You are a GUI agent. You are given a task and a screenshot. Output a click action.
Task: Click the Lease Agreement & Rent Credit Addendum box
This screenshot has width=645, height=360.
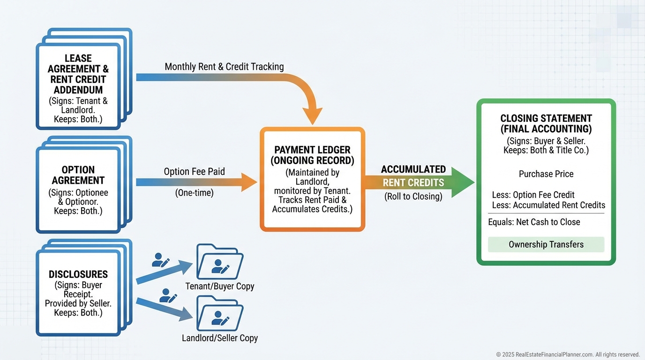(x=78, y=84)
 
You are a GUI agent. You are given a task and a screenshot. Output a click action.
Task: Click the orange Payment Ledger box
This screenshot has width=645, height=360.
(x=312, y=179)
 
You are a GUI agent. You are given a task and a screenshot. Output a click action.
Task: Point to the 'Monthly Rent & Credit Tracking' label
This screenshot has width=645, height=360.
(x=224, y=67)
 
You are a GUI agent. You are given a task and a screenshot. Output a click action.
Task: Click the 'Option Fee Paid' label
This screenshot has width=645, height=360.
(x=194, y=172)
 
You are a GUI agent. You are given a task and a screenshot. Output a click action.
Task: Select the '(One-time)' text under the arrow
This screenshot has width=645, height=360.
(x=194, y=193)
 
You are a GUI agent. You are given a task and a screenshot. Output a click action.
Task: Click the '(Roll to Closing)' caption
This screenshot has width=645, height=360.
(x=413, y=196)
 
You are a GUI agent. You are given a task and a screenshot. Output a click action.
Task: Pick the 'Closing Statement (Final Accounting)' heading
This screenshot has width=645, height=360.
(x=546, y=123)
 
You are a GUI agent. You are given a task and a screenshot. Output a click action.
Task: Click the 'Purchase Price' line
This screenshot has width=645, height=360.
(x=546, y=174)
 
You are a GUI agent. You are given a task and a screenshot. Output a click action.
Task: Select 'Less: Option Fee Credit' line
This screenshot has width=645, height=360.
(x=533, y=195)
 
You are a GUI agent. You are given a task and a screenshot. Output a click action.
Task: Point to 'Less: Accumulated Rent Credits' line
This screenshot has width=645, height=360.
(x=548, y=205)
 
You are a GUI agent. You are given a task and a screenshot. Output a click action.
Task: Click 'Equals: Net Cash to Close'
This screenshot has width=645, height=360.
(x=534, y=222)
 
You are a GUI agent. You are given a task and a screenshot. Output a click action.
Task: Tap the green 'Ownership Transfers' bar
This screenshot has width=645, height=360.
(x=546, y=244)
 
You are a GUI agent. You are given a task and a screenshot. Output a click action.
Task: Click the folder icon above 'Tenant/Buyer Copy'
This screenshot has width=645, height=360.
(x=219, y=262)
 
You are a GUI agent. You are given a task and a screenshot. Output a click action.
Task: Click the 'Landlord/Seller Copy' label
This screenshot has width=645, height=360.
(x=219, y=337)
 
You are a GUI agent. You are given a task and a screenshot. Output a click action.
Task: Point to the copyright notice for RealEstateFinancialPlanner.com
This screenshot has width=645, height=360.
(x=568, y=354)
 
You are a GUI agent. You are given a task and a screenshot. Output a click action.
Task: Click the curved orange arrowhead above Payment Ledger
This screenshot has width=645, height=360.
(x=312, y=115)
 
